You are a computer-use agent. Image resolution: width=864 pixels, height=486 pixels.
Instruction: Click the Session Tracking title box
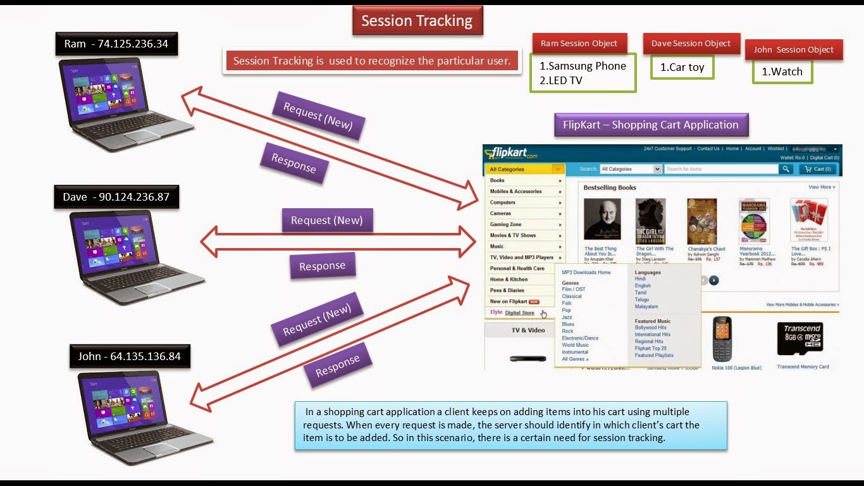tap(417, 21)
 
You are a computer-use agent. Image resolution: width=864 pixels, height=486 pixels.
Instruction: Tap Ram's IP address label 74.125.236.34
tap(116, 44)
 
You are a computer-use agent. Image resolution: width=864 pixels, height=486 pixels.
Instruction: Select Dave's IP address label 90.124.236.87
tap(116, 197)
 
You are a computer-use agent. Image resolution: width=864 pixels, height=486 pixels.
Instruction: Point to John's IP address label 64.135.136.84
tap(130, 356)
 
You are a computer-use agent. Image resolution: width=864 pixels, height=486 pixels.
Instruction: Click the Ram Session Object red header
tap(579, 44)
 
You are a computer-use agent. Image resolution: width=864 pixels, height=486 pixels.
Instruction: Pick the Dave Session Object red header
tap(691, 44)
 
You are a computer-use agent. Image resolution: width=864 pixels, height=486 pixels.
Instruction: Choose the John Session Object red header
tap(793, 50)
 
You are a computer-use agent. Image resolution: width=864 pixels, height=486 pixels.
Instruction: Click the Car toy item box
tap(682, 67)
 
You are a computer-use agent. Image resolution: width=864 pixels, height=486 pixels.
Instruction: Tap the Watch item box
tap(782, 72)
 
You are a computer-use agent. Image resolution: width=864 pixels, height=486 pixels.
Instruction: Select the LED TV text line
tap(561, 80)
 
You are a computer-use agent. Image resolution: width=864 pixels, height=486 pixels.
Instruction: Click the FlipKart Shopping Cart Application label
tap(650, 125)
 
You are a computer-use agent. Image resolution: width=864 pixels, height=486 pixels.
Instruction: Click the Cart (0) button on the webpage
tap(818, 169)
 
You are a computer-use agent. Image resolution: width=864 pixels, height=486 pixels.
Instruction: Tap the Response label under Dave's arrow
tap(322, 266)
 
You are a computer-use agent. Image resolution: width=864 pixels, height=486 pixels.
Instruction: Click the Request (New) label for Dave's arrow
tap(326, 220)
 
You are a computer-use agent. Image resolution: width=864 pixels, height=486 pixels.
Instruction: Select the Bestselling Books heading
tap(610, 187)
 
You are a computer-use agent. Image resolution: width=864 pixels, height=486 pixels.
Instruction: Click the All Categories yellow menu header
tap(524, 169)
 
